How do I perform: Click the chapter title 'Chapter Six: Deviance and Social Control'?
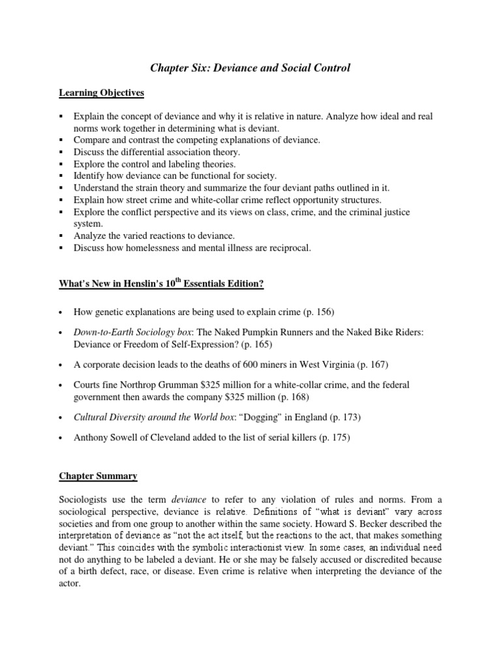(250, 68)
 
